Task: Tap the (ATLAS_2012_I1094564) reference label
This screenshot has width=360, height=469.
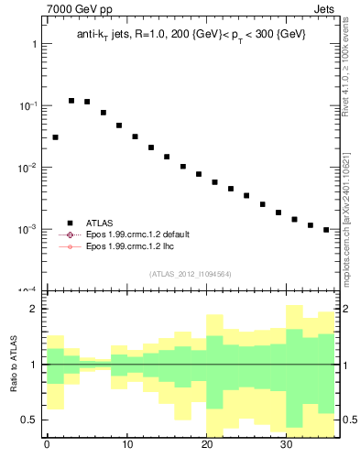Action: tap(191, 273)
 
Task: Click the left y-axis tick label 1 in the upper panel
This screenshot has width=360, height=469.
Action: tap(33, 44)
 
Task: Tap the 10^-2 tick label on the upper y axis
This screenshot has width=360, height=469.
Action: tap(27, 167)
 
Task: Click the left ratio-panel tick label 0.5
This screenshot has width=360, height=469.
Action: tap(29, 420)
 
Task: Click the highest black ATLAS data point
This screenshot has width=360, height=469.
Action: tap(71, 101)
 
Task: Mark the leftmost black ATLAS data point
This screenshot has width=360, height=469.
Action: tap(55, 137)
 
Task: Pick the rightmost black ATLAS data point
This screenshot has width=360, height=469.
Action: tap(326, 230)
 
